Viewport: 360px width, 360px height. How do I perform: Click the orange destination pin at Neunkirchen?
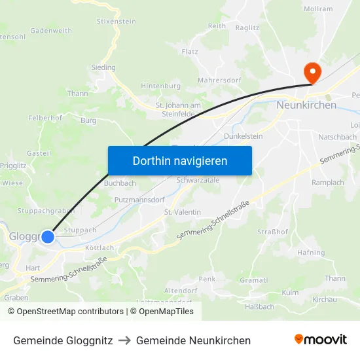pos(313,73)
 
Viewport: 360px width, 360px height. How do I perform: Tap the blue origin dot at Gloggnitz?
pos(47,236)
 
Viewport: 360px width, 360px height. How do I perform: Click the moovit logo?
pos(320,339)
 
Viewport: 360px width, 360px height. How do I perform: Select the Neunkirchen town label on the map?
pos(306,105)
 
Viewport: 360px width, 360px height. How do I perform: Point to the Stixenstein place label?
pos(116,22)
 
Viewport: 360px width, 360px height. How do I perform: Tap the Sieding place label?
pos(103,67)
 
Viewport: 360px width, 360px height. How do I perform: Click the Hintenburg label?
pos(160,86)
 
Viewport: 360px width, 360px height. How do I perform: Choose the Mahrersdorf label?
pos(219,81)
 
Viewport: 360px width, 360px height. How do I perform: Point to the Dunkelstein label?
pos(243,136)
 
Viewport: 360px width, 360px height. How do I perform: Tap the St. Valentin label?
pos(182,212)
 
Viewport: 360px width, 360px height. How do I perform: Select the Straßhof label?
pos(272,232)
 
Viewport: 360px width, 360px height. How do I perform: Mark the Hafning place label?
pos(310,253)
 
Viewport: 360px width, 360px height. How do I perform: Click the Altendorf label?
pos(181,290)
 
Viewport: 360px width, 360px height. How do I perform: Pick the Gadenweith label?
pos(51,31)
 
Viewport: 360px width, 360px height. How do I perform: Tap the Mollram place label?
pos(318,10)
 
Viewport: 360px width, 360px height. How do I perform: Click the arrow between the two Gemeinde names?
pos(124,340)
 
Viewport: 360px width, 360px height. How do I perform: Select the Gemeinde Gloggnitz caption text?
pos(63,340)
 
